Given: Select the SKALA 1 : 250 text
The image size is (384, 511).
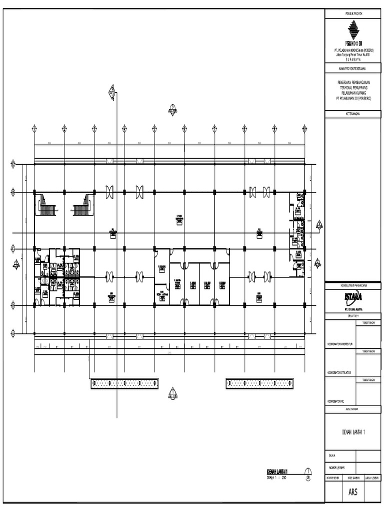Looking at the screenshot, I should tap(277, 477).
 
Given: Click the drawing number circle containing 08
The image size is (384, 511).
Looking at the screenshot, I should tap(308, 473).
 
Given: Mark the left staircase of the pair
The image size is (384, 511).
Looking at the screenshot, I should tap(46, 205).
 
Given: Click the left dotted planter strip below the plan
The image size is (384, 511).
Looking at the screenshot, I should tap(125, 383).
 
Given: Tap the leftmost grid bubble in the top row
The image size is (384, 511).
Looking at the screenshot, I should tap(35, 128).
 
